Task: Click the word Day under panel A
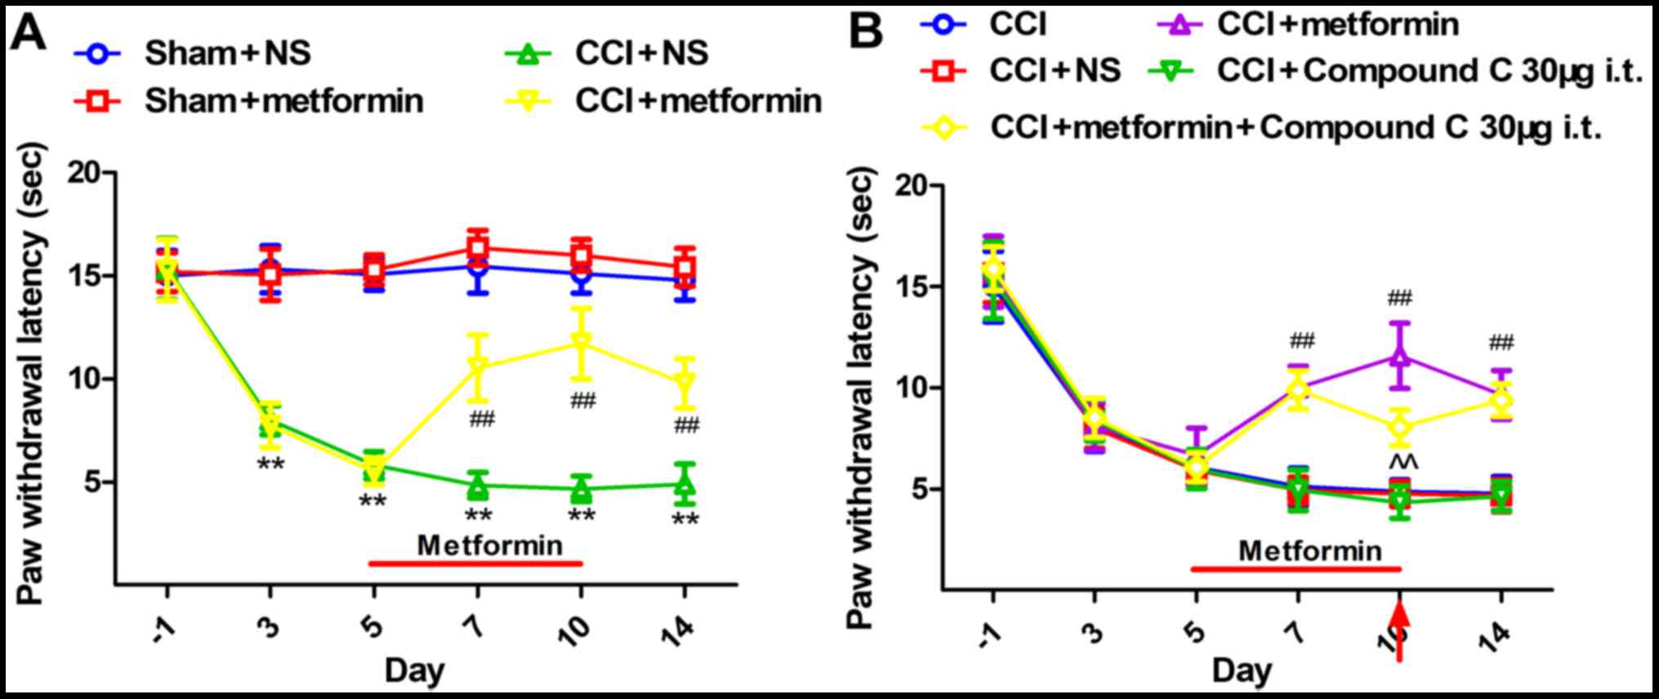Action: tap(415, 671)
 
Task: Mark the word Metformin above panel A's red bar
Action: tap(490, 545)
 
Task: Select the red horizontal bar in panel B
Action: tap(1296, 568)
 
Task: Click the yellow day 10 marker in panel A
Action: tap(581, 343)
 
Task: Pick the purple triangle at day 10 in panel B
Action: tap(1400, 355)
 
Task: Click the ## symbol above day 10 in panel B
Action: tap(1399, 298)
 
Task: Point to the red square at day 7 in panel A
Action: tap(479, 247)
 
